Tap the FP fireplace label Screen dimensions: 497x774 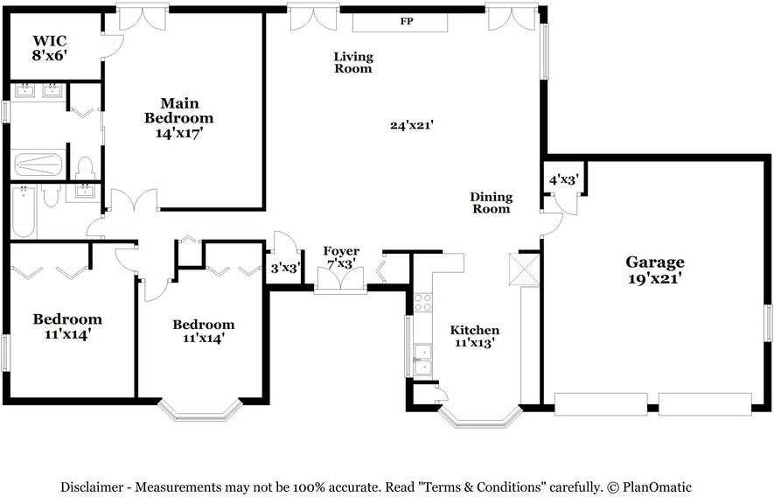click(x=406, y=21)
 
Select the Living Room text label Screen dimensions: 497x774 click(x=353, y=62)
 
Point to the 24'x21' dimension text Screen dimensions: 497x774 click(x=412, y=125)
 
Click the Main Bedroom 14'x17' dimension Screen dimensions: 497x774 click(x=179, y=134)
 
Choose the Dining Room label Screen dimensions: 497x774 click(x=492, y=203)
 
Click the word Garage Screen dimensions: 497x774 click(x=654, y=262)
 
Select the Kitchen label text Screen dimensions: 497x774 click(x=475, y=330)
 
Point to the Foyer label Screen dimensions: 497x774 click(x=341, y=252)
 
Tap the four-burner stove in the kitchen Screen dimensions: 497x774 click(x=422, y=303)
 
